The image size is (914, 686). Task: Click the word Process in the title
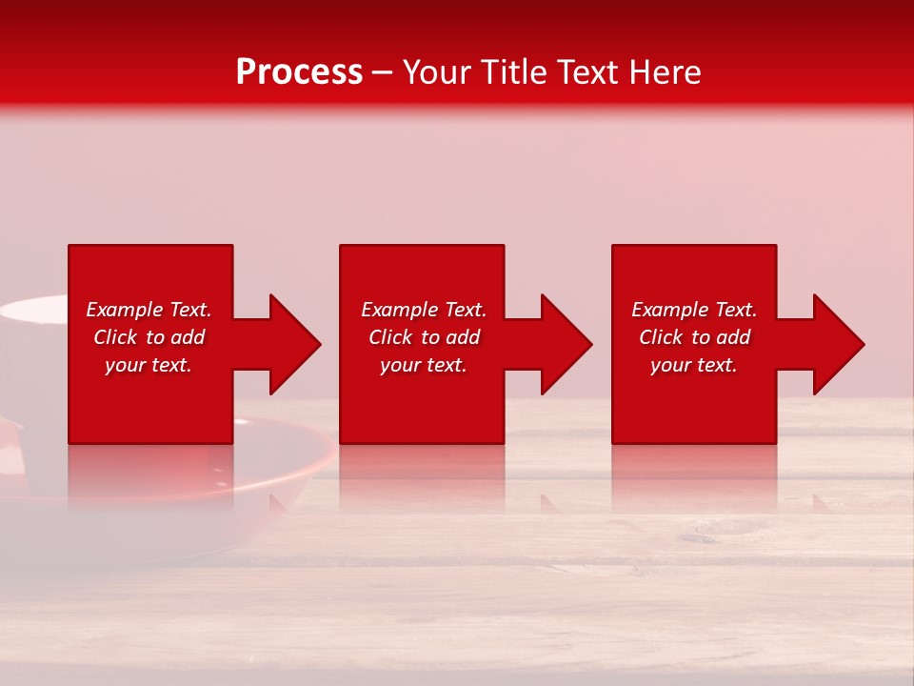tap(299, 72)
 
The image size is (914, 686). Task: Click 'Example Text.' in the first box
tap(149, 310)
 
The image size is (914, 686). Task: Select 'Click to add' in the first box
tap(149, 337)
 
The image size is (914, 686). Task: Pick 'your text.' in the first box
tap(149, 365)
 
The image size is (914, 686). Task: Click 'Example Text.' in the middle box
tap(424, 310)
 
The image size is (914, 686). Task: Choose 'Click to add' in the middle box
tap(424, 337)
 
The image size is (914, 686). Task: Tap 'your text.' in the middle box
tap(424, 365)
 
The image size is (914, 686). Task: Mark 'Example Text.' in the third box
tap(694, 310)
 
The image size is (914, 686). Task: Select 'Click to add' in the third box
tap(694, 337)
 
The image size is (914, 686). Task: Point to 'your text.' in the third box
tap(694, 365)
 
